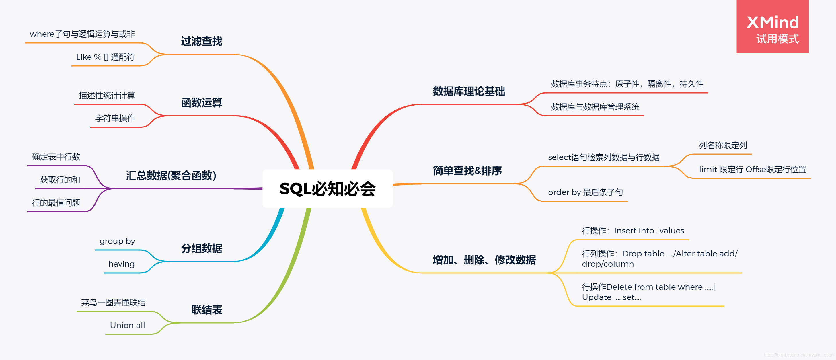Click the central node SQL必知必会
[x=327, y=188]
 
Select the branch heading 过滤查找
[x=202, y=41]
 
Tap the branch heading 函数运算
[x=202, y=103]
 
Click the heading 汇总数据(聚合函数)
[x=171, y=176]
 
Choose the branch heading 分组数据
[x=202, y=248]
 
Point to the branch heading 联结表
[x=206, y=310]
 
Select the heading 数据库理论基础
[x=469, y=91]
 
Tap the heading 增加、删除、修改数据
[x=484, y=260]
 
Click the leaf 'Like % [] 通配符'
[x=106, y=57]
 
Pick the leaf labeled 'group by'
[x=117, y=241]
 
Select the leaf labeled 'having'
[x=121, y=264]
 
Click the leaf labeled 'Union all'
[x=127, y=325]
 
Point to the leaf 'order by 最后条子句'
[x=585, y=192]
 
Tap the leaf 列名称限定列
[x=723, y=145]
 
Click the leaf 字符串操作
[x=115, y=118]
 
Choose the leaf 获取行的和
[x=60, y=180]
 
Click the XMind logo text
[x=772, y=23]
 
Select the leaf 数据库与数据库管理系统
[x=595, y=107]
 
